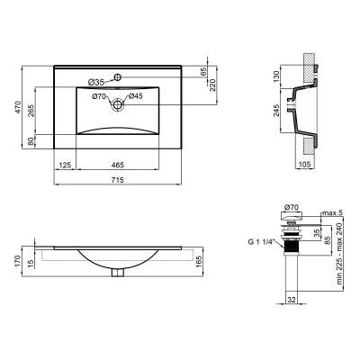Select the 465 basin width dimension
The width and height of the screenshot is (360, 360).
point(118,166)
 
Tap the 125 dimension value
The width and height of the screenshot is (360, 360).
point(65,166)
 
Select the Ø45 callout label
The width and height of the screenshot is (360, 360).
point(135,96)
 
